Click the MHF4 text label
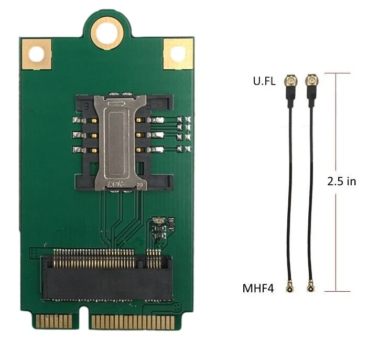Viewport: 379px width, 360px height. pyautogui.click(x=258, y=288)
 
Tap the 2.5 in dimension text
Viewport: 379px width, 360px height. pyautogui.click(x=342, y=181)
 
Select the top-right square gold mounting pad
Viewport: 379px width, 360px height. pyautogui.click(x=178, y=54)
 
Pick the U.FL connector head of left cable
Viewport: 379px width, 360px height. pyautogui.click(x=289, y=81)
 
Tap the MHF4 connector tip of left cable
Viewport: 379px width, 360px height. pyautogui.click(x=289, y=288)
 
